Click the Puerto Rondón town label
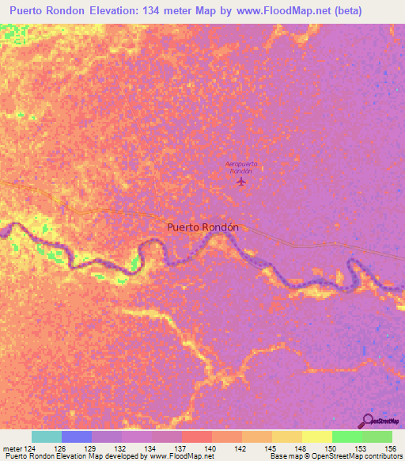pos(202,227)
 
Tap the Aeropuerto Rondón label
pos(240,167)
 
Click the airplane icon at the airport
pos(241,182)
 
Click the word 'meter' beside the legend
pos(12,448)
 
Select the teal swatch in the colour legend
pos(47,436)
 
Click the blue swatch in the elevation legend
pos(77,436)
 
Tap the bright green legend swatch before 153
pos(346,436)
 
